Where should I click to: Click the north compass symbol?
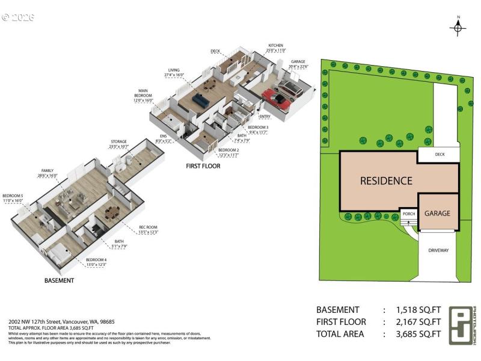(x=458, y=27)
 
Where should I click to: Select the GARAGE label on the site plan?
(x=437, y=213)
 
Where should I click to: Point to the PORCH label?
(x=409, y=214)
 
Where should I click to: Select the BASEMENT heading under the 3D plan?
(x=60, y=280)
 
